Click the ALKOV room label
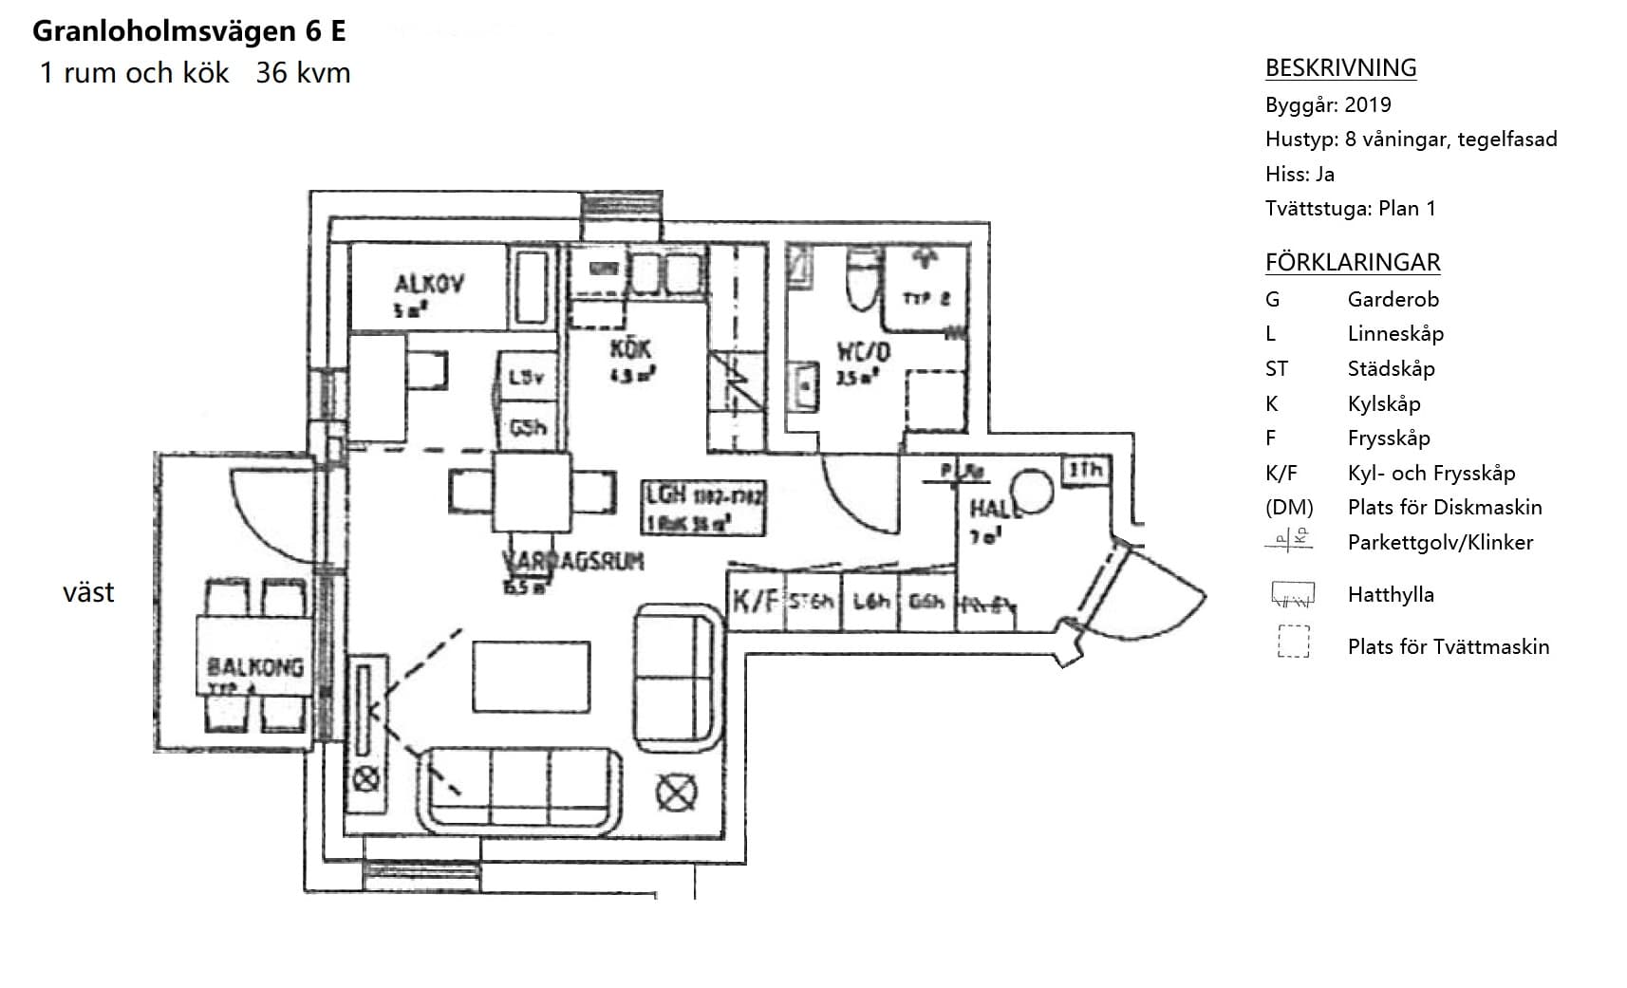[x=429, y=283]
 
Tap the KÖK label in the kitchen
[x=630, y=348]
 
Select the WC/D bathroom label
[x=863, y=352]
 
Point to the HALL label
[x=993, y=509]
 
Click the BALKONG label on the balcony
[x=255, y=667]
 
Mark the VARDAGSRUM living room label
[x=573, y=561]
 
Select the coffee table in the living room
[x=531, y=676]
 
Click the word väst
[x=88, y=592]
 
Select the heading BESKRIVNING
[x=1340, y=68]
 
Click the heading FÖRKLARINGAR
[x=1352, y=262]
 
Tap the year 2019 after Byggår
[x=1368, y=104]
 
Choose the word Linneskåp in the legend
[x=1394, y=334]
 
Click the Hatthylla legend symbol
[x=1292, y=595]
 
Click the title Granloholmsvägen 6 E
[x=189, y=31]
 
